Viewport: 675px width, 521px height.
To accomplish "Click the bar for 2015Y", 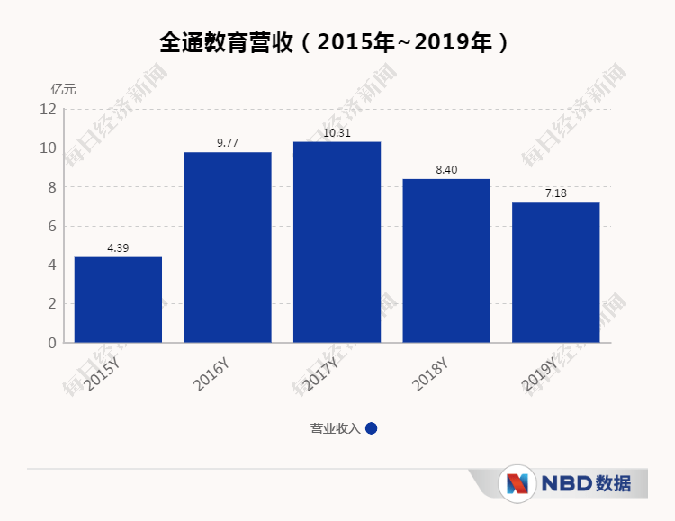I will click(x=118, y=300).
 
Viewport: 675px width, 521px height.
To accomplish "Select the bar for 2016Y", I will click(x=228, y=247).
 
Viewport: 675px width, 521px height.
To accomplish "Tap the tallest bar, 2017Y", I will click(x=337, y=242).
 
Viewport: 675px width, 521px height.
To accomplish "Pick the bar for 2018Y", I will click(x=446, y=261).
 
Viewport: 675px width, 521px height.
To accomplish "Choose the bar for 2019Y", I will click(x=555, y=273).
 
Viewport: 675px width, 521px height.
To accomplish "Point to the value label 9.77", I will click(x=228, y=143).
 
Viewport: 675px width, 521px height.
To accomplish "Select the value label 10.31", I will click(x=337, y=133).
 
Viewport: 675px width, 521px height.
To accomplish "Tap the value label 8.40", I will click(x=446, y=170).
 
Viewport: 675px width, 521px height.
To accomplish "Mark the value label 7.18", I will click(x=555, y=193).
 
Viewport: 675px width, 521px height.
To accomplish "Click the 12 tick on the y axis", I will click(x=48, y=110).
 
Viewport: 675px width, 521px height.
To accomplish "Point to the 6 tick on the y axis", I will click(x=51, y=226).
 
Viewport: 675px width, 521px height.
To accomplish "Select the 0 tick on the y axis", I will click(x=51, y=343).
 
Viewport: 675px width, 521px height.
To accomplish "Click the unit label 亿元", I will click(x=64, y=89).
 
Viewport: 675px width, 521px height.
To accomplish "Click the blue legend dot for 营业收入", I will click(x=372, y=428).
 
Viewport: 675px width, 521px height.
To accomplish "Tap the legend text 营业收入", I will click(x=335, y=428).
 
